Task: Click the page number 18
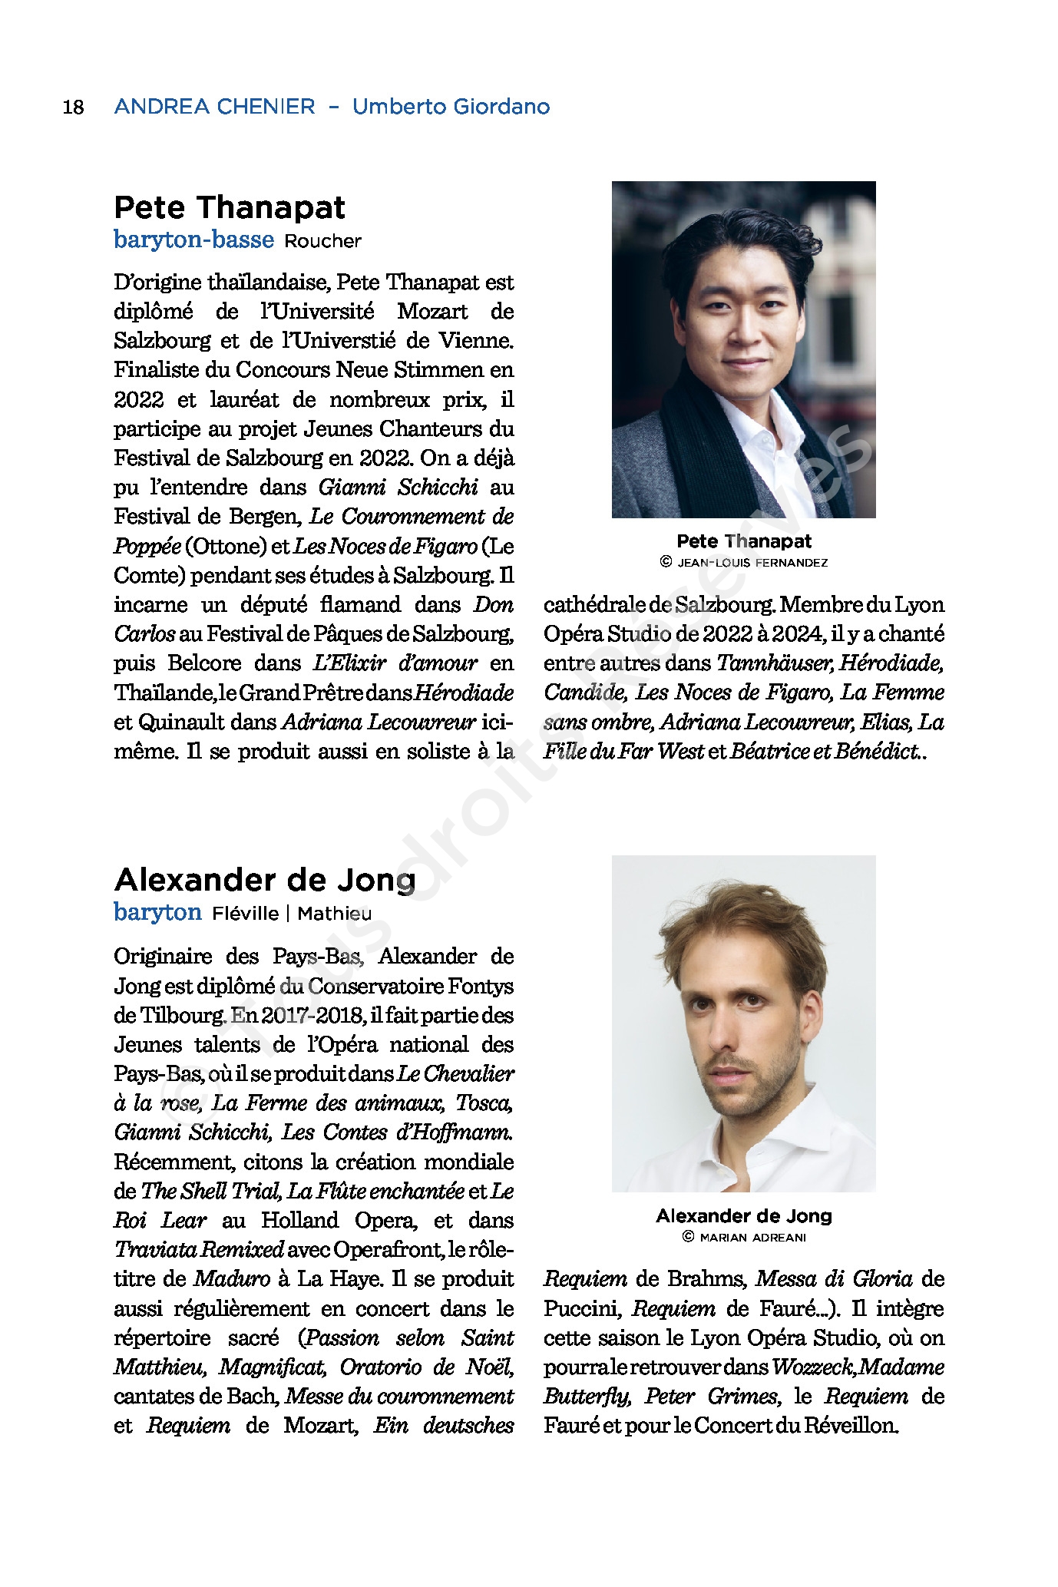(73, 107)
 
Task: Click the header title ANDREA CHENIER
(214, 107)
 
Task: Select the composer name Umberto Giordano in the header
(451, 107)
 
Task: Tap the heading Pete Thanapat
(230, 207)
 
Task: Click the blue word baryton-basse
(193, 240)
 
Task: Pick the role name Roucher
(322, 241)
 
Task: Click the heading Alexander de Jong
(265, 879)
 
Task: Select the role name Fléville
(245, 914)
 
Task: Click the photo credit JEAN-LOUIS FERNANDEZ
(752, 563)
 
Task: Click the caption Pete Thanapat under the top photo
(743, 541)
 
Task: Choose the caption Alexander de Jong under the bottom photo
(743, 1215)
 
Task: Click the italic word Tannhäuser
(774, 663)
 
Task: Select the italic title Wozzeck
(813, 1367)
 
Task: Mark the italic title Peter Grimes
(711, 1397)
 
